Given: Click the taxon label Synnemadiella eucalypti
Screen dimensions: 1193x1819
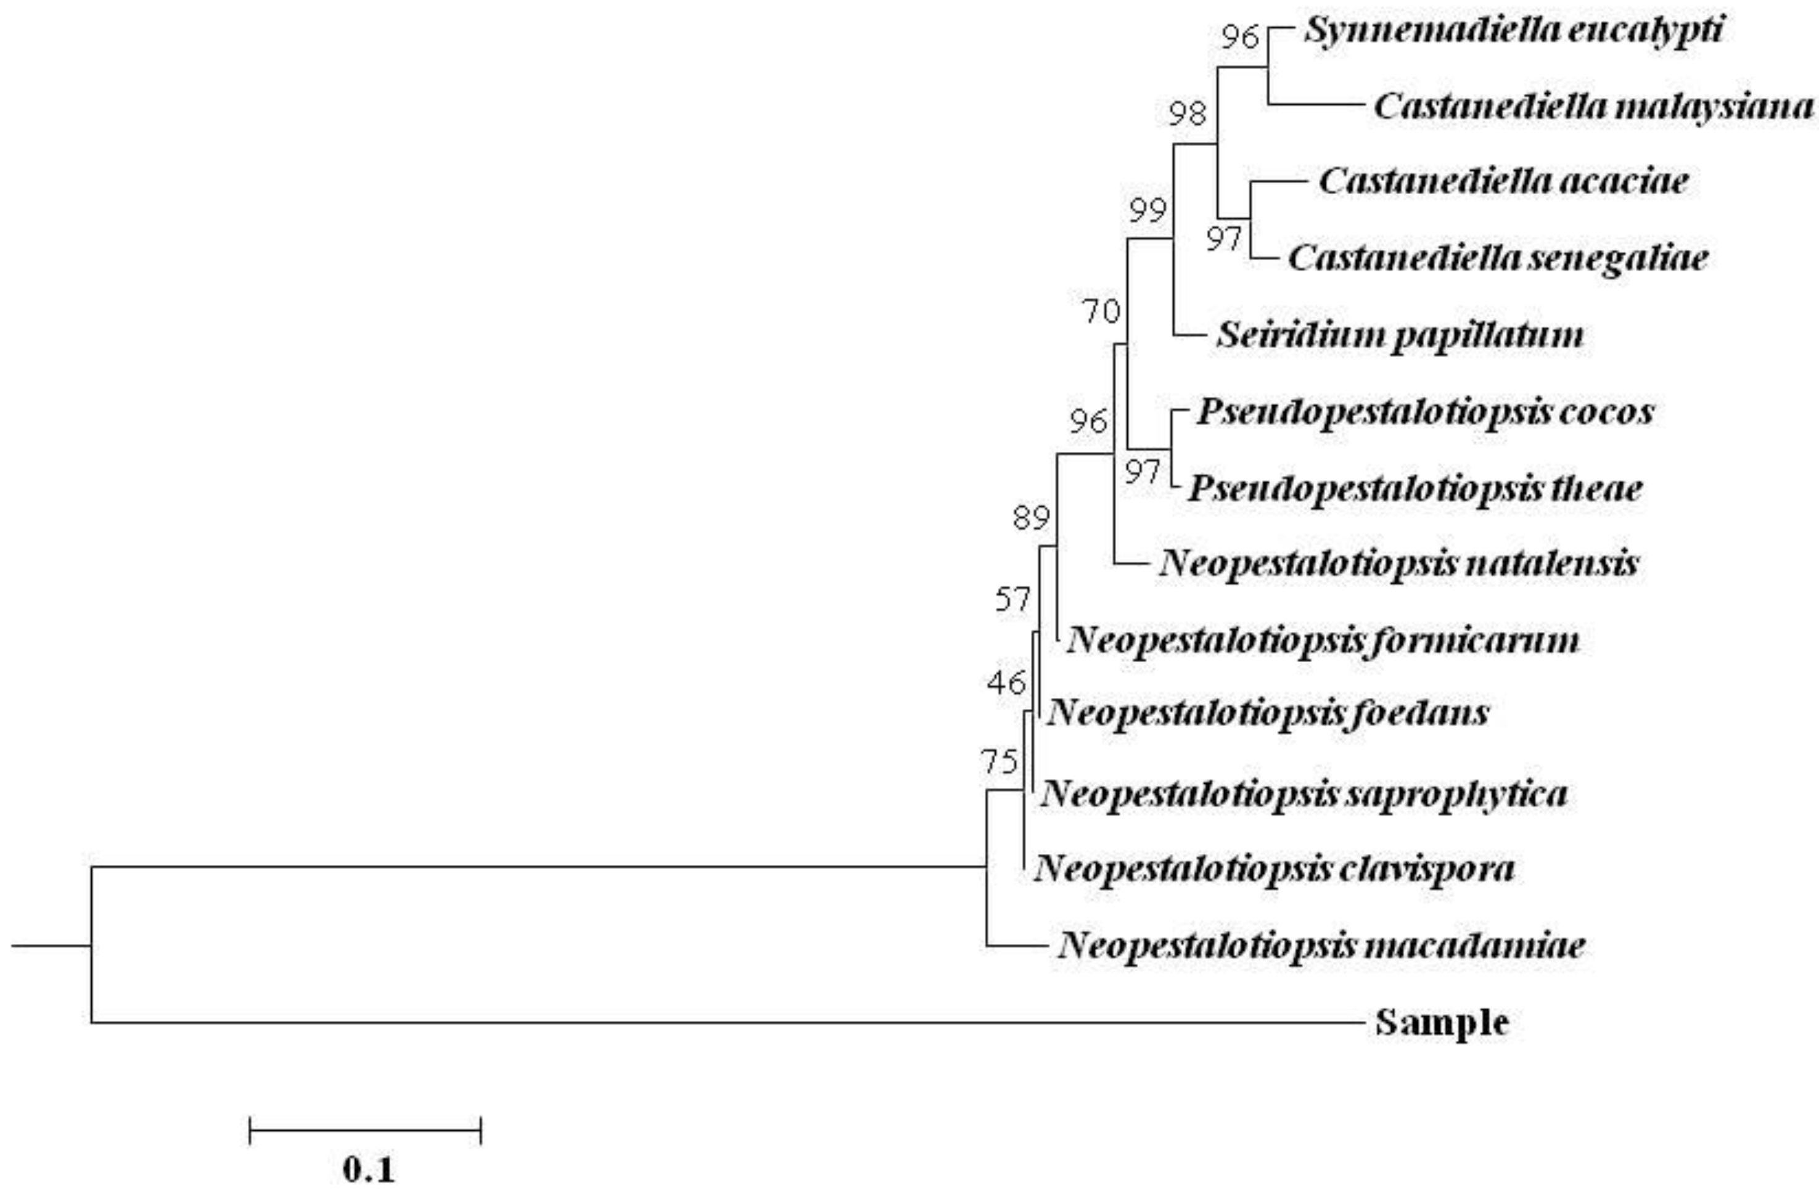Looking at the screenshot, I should (x=1513, y=31).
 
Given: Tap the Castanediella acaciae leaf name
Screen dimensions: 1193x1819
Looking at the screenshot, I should (x=1503, y=182).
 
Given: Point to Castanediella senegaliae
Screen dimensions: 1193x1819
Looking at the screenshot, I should (x=1498, y=258).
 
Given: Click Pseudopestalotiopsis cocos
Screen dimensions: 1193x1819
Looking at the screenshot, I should (x=1426, y=412).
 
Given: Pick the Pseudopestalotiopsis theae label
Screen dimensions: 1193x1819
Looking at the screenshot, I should (x=1415, y=488).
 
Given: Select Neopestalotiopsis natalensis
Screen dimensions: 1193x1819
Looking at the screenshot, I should (x=1398, y=564).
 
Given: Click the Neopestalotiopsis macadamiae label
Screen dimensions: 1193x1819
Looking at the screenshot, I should (x=1321, y=946).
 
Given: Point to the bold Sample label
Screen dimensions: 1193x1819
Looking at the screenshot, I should (x=1442, y=1023).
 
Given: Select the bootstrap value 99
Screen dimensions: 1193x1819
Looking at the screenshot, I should (x=1148, y=210).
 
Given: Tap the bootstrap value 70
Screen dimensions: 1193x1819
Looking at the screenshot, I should (x=1101, y=312).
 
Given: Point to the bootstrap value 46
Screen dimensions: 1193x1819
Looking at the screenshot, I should (x=1006, y=683).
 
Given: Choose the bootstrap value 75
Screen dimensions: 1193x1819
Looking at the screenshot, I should (x=1000, y=762).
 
